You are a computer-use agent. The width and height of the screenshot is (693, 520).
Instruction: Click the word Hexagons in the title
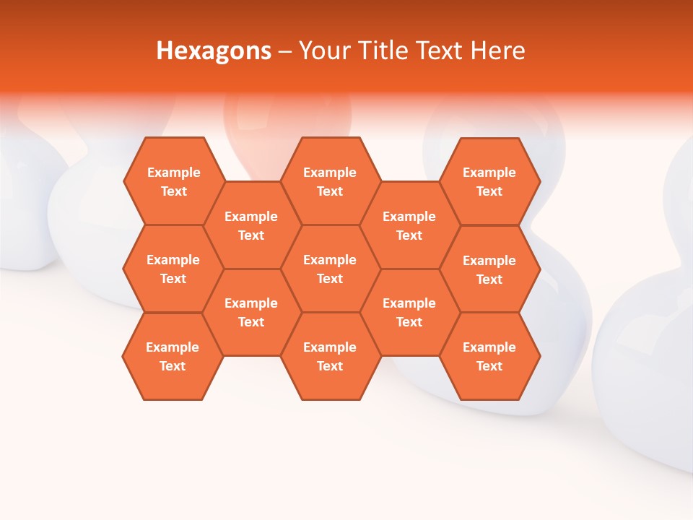point(214,51)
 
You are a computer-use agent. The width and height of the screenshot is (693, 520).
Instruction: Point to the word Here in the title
point(498,51)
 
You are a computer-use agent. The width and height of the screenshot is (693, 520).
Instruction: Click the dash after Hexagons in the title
point(284,51)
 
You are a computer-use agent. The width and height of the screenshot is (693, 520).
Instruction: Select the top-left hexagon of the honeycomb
point(173,181)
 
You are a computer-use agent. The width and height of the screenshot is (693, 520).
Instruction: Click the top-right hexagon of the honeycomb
point(489,181)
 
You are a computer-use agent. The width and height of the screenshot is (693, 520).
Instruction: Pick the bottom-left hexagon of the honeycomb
point(173,356)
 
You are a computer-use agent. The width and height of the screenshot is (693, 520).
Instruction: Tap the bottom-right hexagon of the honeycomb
point(489,356)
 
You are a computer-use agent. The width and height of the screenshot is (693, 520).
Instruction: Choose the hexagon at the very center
point(330,269)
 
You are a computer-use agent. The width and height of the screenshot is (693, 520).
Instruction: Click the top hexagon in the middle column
point(330,181)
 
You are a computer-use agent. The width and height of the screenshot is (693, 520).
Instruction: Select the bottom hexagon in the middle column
point(330,356)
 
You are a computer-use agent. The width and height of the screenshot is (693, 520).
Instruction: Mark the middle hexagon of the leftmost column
point(173,269)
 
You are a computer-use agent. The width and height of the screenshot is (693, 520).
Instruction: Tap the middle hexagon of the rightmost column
point(489,269)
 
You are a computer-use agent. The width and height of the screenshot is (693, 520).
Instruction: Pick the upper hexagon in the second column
point(251,225)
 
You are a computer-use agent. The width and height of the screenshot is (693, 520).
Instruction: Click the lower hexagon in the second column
point(251,312)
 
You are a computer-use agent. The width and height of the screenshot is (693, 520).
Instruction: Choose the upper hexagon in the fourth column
point(409,225)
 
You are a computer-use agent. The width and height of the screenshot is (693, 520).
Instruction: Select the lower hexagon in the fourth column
point(409,312)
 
